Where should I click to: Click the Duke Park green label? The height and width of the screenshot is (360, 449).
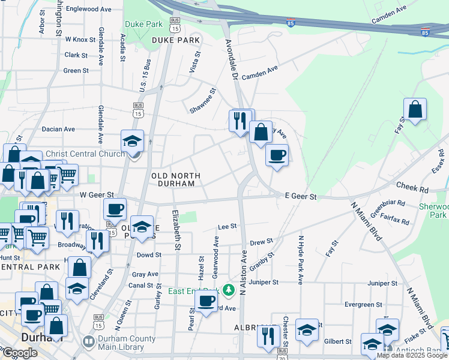143,25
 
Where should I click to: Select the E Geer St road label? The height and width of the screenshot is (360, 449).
300,196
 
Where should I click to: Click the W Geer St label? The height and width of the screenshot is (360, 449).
97,195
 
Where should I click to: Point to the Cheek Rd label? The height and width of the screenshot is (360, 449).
415,189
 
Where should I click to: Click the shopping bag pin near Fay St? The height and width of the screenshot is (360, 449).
415,109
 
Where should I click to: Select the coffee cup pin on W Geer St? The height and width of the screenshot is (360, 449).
115,209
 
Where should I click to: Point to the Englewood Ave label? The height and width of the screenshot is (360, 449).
89,10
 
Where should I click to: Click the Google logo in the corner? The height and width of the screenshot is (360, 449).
20,353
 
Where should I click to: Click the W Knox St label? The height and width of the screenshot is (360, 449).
80,40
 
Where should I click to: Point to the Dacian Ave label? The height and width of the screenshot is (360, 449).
58,129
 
